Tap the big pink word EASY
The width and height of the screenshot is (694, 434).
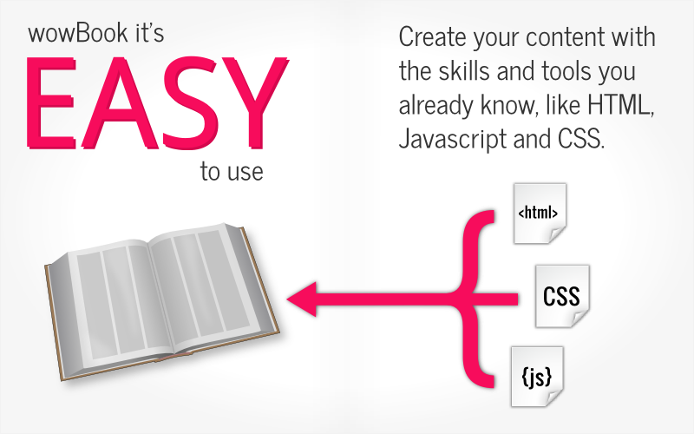157,102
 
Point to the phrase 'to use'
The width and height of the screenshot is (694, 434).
232,171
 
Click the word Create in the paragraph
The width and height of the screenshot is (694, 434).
432,36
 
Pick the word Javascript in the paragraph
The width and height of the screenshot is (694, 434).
453,140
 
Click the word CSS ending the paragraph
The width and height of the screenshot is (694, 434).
580,139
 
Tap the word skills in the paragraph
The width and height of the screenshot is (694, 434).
464,71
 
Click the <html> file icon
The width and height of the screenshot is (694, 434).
540,214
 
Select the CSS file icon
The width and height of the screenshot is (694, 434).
562,296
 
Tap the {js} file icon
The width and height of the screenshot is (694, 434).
537,377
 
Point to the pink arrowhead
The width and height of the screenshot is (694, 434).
302,299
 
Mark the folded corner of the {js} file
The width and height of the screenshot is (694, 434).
553,398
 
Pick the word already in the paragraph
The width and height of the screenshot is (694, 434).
435,106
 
